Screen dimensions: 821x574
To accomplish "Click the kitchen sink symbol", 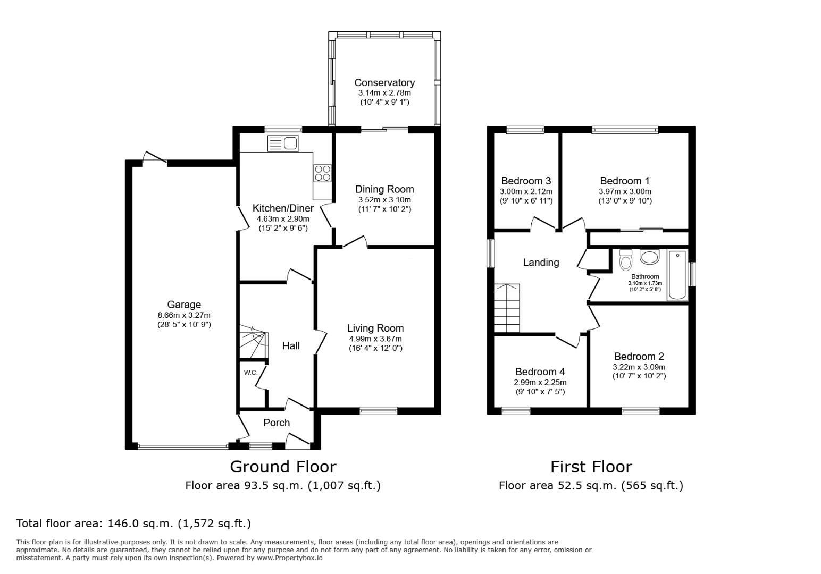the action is coord(283,143).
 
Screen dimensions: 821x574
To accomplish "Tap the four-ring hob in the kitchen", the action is coord(322,173).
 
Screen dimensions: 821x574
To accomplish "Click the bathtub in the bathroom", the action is coord(677,275).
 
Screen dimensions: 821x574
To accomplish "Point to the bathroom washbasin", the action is coord(649,256).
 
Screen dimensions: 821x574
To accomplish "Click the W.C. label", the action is coord(250,373).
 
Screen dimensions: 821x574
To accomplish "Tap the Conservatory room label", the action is coord(384,83).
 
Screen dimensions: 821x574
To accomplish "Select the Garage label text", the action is coord(184,305).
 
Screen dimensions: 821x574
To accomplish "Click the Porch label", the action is coord(277,423).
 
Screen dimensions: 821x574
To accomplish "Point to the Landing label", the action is coord(541,262).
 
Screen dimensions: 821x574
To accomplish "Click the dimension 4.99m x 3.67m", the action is coord(375,339).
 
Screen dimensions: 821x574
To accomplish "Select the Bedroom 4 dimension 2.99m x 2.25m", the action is coord(540,383).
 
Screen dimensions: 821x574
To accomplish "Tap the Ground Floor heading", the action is coord(283,467).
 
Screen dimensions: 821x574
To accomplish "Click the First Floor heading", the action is coord(591,467).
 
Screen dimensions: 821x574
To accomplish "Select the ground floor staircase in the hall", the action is coord(254,341).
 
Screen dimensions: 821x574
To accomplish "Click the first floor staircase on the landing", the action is coord(507,308).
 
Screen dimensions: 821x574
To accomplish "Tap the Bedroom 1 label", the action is coord(625,181).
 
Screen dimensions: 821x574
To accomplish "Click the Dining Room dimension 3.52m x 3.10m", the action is coord(384,200).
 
